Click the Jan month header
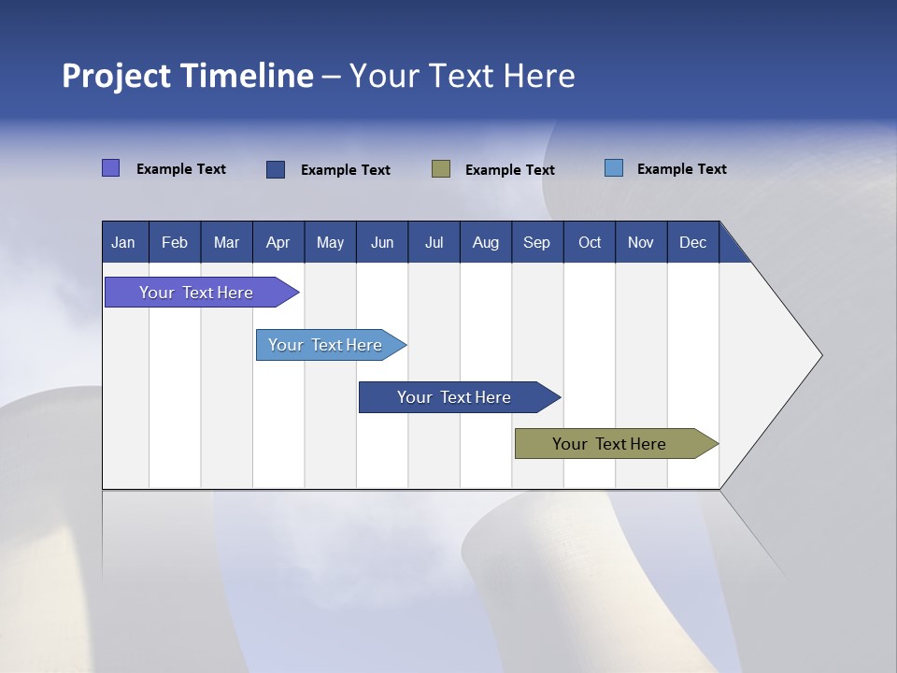124,242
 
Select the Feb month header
175,242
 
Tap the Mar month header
226,242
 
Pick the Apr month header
278,242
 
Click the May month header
330,242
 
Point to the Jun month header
382,242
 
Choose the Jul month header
434,242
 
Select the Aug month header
486,242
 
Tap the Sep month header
537,242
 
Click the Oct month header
590,242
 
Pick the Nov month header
641,242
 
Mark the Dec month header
693,242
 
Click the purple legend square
111,168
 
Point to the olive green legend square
441,168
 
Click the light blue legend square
614,168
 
